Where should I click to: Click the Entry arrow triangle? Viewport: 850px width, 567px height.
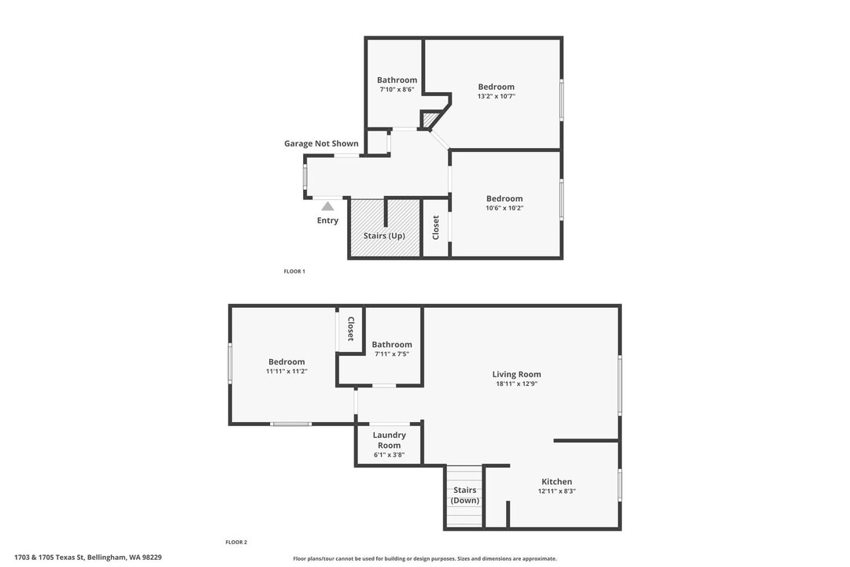[327, 206]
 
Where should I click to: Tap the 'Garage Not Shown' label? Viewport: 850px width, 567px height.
[321, 143]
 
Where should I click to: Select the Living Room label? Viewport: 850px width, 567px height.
[516, 374]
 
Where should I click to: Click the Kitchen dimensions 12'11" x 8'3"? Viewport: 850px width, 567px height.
[556, 491]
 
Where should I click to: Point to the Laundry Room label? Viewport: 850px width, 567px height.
[389, 439]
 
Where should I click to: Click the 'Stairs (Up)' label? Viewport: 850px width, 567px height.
[384, 235]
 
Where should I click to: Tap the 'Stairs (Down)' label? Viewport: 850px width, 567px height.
[464, 495]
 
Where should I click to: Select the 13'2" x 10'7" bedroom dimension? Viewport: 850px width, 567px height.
[496, 96]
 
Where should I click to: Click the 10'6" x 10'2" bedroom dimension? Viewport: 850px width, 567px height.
[504, 208]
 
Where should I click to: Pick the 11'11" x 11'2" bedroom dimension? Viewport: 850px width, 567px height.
[286, 371]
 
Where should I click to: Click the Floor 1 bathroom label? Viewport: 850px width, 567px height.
[397, 80]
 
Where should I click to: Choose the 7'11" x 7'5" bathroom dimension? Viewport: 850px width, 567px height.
[392, 354]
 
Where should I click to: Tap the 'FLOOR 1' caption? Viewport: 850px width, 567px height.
[294, 271]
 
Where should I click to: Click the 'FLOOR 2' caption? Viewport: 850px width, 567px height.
[236, 542]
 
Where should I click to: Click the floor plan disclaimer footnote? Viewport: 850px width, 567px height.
[424, 558]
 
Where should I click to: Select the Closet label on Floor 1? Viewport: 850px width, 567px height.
[436, 228]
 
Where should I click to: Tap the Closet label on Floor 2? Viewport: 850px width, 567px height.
[350, 328]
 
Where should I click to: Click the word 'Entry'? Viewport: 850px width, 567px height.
[327, 220]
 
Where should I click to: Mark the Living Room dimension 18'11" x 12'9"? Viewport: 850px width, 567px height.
[516, 384]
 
